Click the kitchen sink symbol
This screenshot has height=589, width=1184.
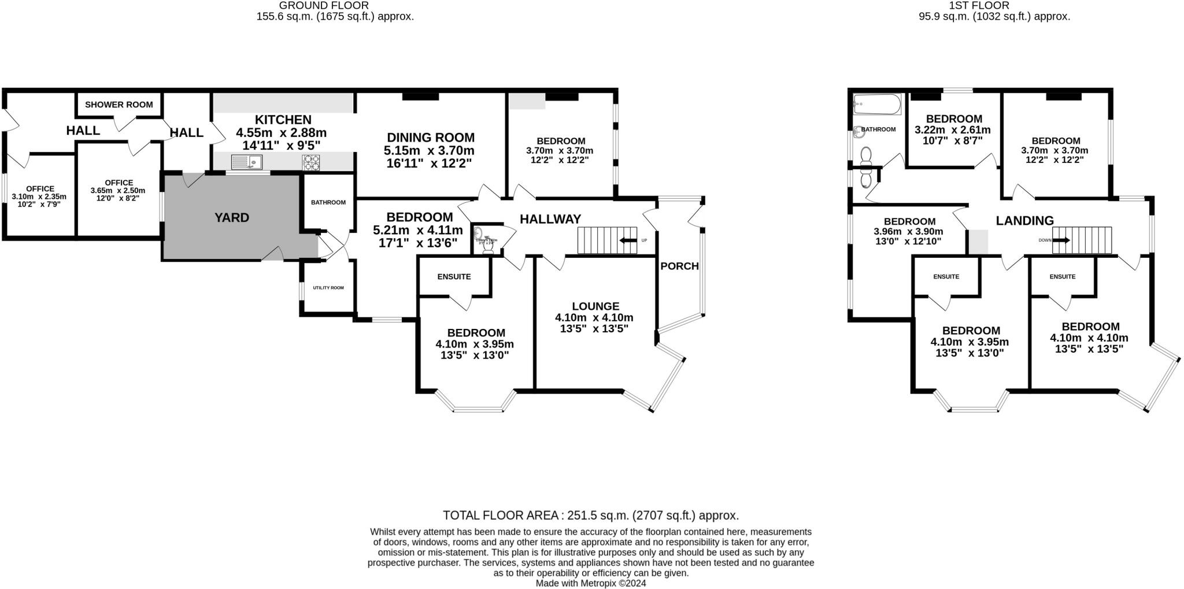click(x=247, y=162)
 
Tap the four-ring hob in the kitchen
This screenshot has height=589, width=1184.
click(x=311, y=162)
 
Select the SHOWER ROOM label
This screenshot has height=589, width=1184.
click(x=119, y=105)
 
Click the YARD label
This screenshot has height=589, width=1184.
click(x=232, y=218)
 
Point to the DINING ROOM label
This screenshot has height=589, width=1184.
click(x=431, y=138)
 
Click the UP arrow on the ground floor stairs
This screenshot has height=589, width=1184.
click(x=628, y=240)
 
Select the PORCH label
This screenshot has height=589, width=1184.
click(x=679, y=266)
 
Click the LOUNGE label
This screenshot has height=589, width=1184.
click(x=595, y=306)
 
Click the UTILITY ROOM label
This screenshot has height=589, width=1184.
click(x=328, y=288)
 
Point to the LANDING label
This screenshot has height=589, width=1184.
click(x=1024, y=220)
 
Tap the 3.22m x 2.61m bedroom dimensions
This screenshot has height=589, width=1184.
click(x=952, y=130)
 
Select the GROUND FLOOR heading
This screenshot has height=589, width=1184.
click(x=324, y=6)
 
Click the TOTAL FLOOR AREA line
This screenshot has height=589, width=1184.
click(x=591, y=515)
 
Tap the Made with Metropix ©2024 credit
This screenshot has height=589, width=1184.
click(x=591, y=583)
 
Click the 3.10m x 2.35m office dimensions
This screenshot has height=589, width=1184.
click(x=39, y=197)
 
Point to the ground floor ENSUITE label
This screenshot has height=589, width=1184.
click(x=454, y=277)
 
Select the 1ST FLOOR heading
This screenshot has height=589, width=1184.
click(x=994, y=6)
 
